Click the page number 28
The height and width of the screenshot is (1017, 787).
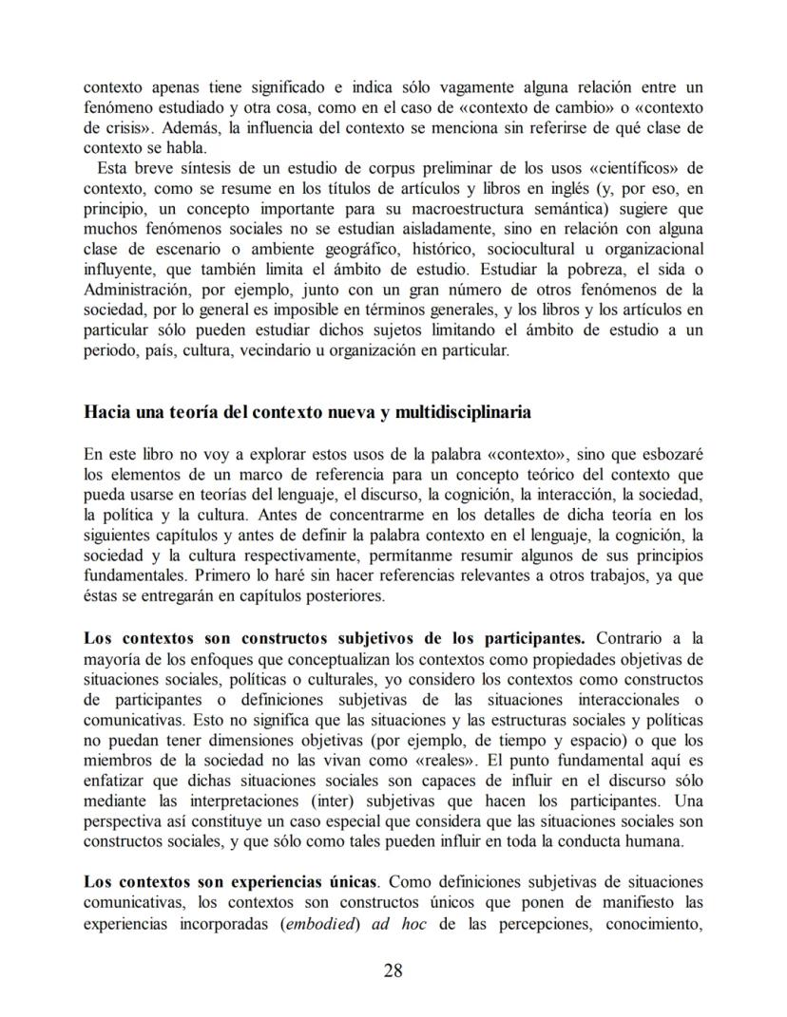coord(393,970)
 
